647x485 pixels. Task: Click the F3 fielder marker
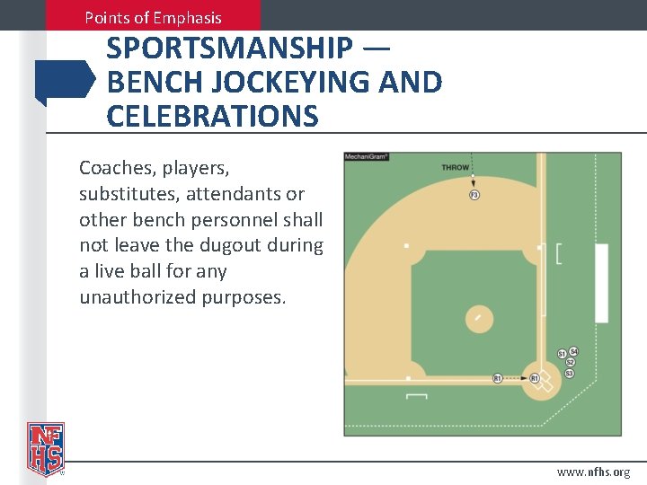click(474, 195)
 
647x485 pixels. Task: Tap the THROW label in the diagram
click(456, 167)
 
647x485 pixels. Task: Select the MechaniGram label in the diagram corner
click(367, 157)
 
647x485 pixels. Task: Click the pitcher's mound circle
click(479, 318)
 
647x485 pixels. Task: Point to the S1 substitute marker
click(563, 354)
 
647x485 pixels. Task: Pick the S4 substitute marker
click(573, 351)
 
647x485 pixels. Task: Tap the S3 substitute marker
click(569, 373)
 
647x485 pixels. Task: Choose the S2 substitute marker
click(570, 362)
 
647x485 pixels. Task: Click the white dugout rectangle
click(601, 283)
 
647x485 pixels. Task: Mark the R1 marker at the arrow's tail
click(497, 379)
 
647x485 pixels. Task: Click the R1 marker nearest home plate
click(534, 379)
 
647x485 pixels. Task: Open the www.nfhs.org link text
click(593, 472)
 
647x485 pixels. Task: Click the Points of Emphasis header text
click(153, 17)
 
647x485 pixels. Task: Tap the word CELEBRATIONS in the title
click(212, 116)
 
